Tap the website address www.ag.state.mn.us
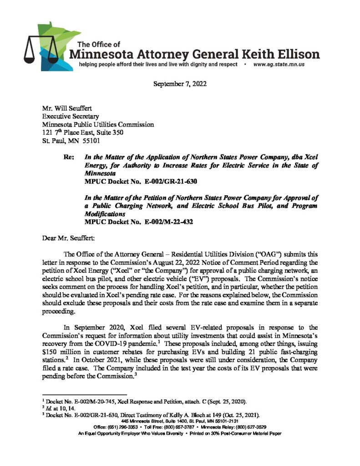click(279, 65)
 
